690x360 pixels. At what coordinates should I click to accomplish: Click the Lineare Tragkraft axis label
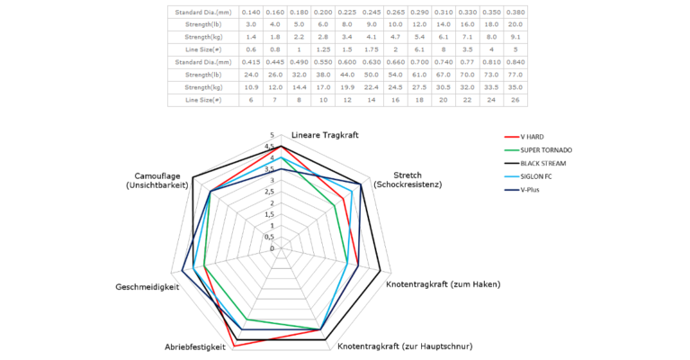(x=325, y=135)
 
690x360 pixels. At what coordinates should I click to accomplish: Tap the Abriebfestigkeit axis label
(x=194, y=346)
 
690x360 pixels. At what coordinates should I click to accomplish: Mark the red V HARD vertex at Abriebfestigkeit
(x=236, y=346)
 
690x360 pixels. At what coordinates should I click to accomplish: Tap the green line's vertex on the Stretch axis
(x=336, y=205)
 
